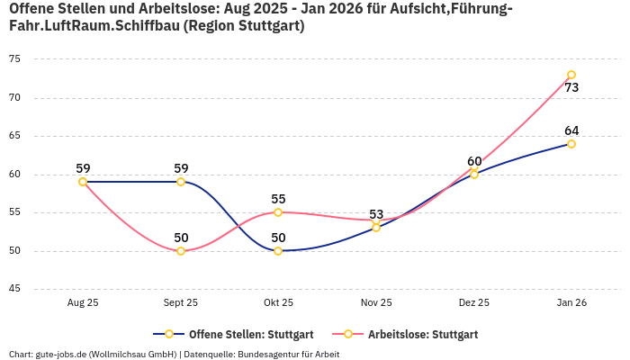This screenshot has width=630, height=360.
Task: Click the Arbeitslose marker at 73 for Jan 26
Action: point(571,75)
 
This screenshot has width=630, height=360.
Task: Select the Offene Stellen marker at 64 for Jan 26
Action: point(571,144)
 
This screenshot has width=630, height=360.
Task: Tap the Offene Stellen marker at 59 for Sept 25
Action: point(181,182)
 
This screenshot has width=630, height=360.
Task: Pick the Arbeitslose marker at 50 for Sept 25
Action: point(181,251)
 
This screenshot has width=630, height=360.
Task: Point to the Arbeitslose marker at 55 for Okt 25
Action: point(278,212)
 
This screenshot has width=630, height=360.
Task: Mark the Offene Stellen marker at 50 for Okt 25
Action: point(278,251)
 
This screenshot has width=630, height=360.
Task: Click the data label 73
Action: point(571,88)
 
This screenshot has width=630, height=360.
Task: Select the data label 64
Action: point(571,130)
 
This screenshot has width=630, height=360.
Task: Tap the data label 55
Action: point(278,199)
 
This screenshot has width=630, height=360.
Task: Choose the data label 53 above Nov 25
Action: point(376,214)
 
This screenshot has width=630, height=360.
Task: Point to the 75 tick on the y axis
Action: point(14,59)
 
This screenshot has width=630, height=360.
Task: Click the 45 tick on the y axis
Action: point(14,289)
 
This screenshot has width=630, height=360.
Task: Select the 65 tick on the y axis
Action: point(14,136)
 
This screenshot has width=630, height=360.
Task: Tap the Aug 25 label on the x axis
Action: point(83,303)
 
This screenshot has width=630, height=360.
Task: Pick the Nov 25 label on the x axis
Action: point(376,303)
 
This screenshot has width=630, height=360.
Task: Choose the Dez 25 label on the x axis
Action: point(474,303)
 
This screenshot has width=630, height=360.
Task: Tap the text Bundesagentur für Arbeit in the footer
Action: point(289,355)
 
